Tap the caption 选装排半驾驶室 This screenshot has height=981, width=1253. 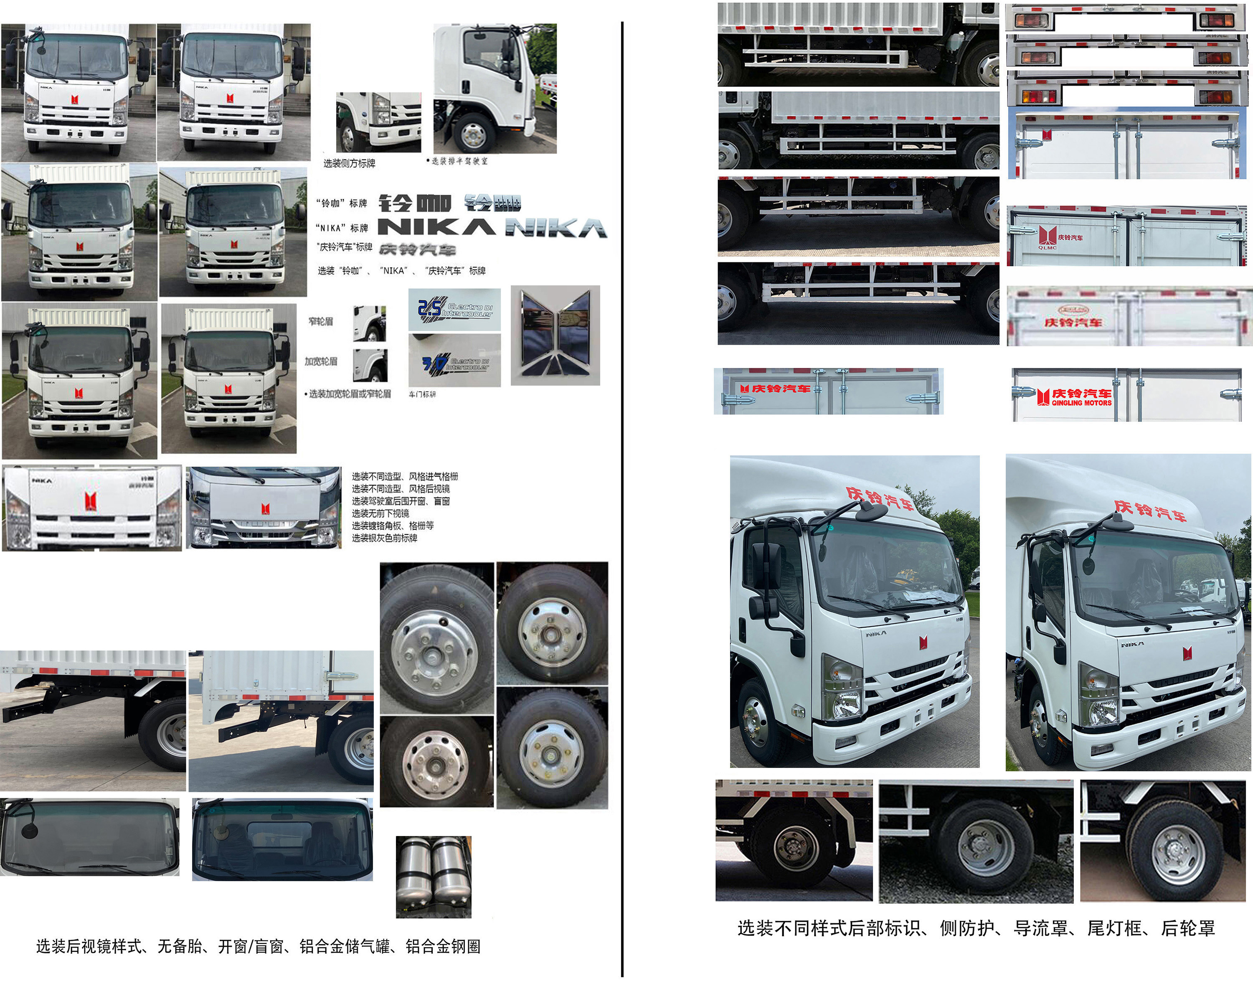pos(458,161)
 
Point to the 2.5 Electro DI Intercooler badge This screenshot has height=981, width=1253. pos(454,310)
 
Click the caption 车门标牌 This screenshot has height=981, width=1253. pos(422,394)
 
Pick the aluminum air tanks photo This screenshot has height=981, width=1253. pos(434,877)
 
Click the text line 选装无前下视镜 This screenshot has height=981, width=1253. pos(380,513)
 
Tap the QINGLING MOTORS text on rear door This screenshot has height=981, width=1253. pos(1081,403)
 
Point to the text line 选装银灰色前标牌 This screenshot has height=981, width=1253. pos(384,538)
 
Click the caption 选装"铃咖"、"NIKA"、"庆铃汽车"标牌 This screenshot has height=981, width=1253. pos(401,270)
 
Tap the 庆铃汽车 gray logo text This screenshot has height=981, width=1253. pos(417,249)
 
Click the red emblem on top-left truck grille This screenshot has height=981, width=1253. pos(75,99)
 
